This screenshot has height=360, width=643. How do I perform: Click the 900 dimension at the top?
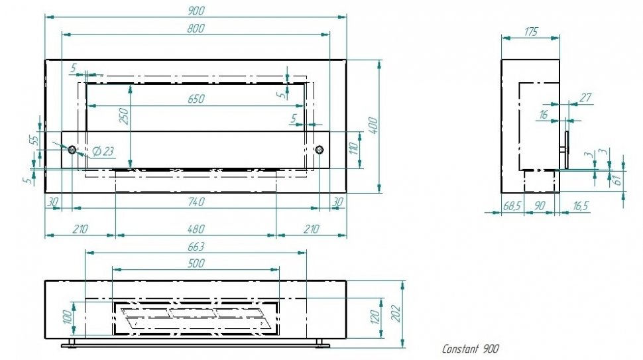tap(196, 11)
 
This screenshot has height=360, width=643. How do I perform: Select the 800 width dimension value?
tap(196, 29)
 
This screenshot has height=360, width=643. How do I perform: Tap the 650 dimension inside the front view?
tap(196, 99)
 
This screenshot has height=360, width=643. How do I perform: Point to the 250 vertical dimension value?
tap(123, 117)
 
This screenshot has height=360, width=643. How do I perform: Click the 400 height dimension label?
tap(373, 125)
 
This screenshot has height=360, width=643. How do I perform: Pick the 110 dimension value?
tap(354, 149)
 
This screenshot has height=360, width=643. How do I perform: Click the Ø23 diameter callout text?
tap(103, 151)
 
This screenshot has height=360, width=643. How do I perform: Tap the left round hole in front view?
tap(72, 150)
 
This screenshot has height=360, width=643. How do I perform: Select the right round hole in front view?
tap(320, 150)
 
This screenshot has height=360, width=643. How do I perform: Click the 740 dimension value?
tap(196, 202)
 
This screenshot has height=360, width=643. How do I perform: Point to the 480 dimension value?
tap(196, 229)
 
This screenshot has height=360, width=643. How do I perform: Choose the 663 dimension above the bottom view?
tap(196, 247)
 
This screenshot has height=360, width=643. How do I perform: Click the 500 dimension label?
tap(196, 263)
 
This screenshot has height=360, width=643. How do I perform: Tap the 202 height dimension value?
tap(396, 314)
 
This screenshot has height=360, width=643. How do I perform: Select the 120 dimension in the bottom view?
tap(375, 317)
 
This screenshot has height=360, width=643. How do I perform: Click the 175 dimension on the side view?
tap(530, 32)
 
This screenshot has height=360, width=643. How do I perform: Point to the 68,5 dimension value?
tap(512, 206)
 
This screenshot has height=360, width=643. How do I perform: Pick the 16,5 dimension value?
tap(580, 206)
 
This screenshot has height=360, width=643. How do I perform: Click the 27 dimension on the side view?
tap(585, 97)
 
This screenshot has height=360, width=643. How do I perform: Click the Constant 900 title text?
tap(471, 349)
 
